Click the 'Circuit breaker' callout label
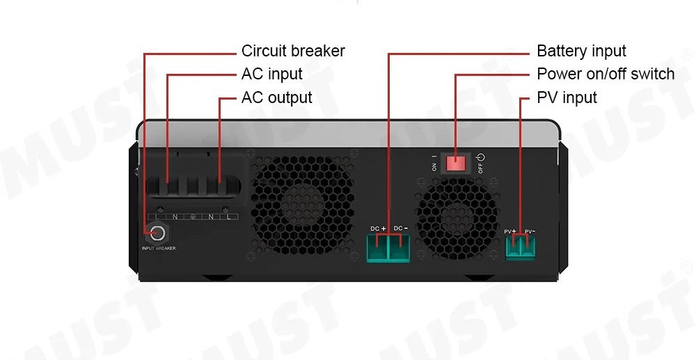(x=293, y=51)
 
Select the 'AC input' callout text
(x=271, y=74)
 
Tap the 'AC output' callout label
(x=276, y=97)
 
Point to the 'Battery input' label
(x=581, y=51)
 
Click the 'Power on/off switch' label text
(x=606, y=74)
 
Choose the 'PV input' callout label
(x=567, y=97)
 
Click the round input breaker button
(x=157, y=233)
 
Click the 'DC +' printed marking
(x=378, y=228)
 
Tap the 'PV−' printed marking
(x=530, y=231)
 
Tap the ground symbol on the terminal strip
(x=193, y=217)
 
